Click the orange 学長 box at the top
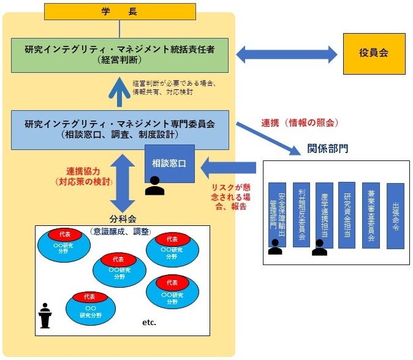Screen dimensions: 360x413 pyautogui.click(x=119, y=10)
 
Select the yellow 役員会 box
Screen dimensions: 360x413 pyautogui.click(x=374, y=54)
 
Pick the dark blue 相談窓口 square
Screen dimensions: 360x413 pyautogui.click(x=169, y=163)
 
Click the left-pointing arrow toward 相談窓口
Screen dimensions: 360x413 pyautogui.click(x=229, y=166)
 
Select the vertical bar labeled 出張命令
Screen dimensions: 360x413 pyautogui.click(x=395, y=215)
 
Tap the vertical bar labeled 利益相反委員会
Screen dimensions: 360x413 pyautogui.click(x=300, y=215)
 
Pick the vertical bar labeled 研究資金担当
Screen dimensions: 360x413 pyautogui.click(x=347, y=215)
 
